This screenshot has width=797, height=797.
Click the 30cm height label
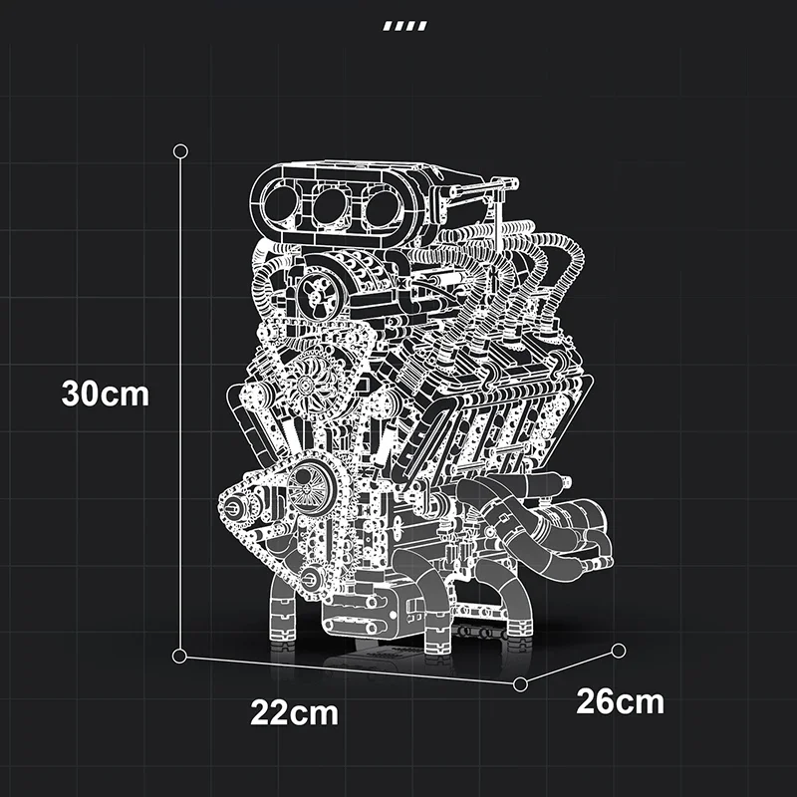(105, 394)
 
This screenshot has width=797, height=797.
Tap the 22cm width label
(294, 713)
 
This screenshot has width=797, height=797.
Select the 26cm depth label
(620, 701)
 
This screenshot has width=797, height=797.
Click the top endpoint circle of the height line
(180, 150)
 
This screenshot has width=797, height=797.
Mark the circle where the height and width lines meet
(180, 655)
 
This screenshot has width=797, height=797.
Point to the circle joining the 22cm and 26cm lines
(520, 683)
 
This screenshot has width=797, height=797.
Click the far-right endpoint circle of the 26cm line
(619, 652)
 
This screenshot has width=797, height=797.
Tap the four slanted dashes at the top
(405, 26)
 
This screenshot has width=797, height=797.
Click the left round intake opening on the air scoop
(282, 204)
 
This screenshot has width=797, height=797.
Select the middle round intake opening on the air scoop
(329, 204)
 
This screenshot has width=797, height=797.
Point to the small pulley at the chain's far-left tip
(232, 508)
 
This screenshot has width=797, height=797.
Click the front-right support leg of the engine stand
(439, 628)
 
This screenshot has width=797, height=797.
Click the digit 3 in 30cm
(72, 394)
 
